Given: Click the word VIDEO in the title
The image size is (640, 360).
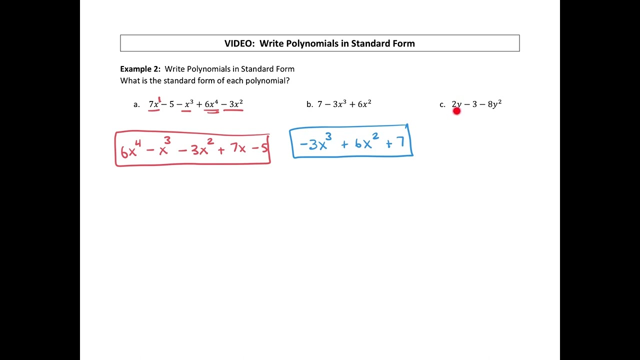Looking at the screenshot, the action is pyautogui.click(x=239, y=43).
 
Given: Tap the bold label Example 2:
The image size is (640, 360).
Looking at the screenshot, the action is pyautogui.click(x=140, y=69).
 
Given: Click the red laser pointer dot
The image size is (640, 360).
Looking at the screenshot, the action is pyautogui.click(x=456, y=111).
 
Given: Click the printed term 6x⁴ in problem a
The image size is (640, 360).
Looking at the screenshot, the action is pyautogui.click(x=211, y=104).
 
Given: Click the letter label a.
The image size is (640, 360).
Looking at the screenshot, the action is pyautogui.click(x=136, y=104).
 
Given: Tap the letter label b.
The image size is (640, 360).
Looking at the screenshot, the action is pyautogui.click(x=309, y=104).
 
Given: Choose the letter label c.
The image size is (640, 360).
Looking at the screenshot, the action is pyautogui.click(x=442, y=104).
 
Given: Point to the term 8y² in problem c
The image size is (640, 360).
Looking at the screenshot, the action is pyautogui.click(x=494, y=104).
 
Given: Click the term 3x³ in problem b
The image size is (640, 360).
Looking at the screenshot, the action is pyautogui.click(x=340, y=104).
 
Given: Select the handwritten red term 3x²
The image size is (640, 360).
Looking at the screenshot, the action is pyautogui.click(x=199, y=148).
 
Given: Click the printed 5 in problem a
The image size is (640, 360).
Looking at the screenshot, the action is pyautogui.click(x=171, y=104).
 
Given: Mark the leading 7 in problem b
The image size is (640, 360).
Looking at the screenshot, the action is pyautogui.click(x=320, y=104).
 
